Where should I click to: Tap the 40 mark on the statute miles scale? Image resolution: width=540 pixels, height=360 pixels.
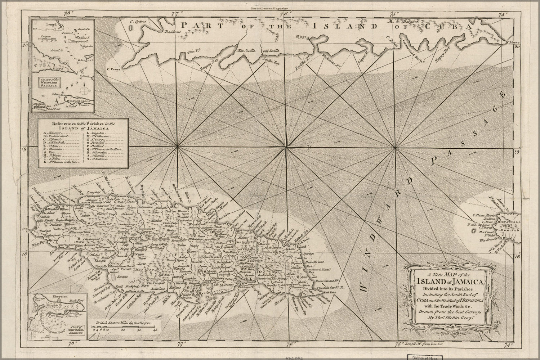click(x=155, y=330)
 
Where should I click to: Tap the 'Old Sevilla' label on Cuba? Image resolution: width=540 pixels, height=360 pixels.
click(x=270, y=51)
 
